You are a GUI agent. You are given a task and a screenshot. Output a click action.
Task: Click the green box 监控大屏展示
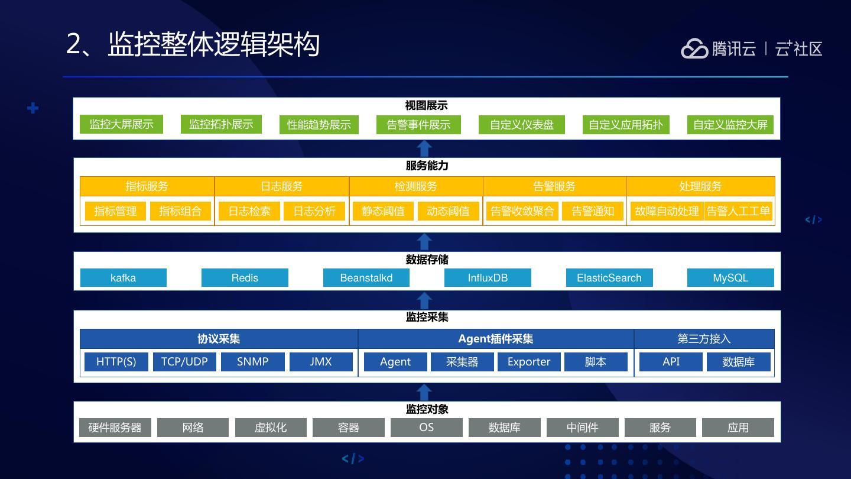click(x=121, y=124)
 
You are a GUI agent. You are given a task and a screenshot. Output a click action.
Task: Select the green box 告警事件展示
click(x=418, y=125)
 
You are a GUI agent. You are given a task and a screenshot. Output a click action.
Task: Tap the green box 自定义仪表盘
click(x=521, y=125)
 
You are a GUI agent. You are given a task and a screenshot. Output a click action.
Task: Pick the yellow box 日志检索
click(x=249, y=211)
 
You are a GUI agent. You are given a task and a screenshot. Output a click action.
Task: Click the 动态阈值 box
click(x=448, y=211)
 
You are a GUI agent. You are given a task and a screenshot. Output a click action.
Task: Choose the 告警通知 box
click(x=593, y=211)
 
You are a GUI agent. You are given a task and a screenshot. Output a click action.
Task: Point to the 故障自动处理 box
click(x=667, y=211)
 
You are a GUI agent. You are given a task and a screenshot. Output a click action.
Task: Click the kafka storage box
click(x=123, y=278)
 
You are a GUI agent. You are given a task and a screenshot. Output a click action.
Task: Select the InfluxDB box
click(x=488, y=278)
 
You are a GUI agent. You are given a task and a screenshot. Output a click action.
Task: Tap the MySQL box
click(x=730, y=278)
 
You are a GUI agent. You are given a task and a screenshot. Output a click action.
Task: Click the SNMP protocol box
click(x=252, y=362)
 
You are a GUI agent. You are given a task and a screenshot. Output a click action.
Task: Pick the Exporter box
click(x=528, y=362)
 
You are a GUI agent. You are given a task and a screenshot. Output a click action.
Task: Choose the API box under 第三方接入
click(x=671, y=362)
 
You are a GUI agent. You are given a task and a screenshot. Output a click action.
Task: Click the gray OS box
click(x=426, y=428)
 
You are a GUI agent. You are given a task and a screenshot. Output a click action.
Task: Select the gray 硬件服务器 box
click(x=115, y=428)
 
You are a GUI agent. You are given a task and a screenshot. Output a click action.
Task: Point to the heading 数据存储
click(x=427, y=260)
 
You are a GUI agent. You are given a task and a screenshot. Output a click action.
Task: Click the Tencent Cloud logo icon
click(x=694, y=48)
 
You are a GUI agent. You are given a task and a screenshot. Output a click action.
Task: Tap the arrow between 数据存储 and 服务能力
click(x=424, y=242)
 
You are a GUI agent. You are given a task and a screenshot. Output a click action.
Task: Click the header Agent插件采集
click(x=496, y=339)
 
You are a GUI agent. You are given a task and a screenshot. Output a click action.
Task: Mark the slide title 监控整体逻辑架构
click(x=213, y=45)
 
